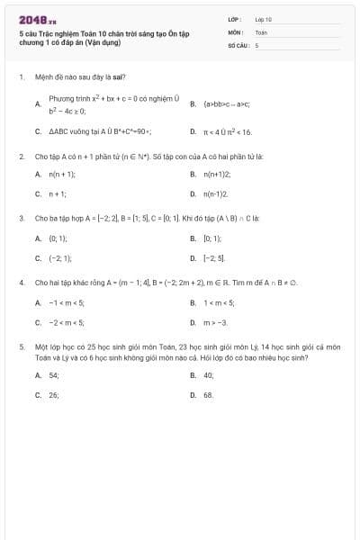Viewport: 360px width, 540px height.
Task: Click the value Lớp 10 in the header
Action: tap(263, 18)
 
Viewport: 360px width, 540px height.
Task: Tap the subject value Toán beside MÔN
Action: tap(261, 31)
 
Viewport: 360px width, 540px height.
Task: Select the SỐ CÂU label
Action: tap(238, 44)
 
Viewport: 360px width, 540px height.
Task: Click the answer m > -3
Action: tap(216, 322)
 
